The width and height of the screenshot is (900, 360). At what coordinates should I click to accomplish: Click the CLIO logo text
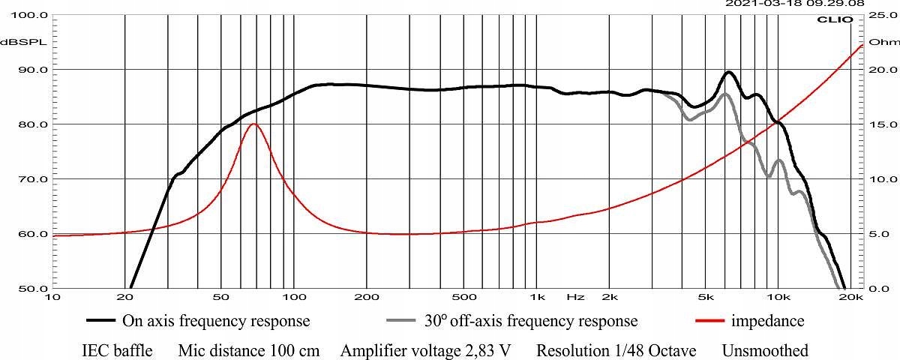835,19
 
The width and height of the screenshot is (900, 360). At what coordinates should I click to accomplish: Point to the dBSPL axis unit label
22,42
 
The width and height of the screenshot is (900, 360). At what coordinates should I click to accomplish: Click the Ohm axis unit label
877,42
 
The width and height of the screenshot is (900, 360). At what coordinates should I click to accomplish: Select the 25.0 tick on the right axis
878,15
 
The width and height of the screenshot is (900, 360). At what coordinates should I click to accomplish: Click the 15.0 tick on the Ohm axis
878,124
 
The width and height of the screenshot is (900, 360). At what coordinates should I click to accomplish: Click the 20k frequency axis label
853,297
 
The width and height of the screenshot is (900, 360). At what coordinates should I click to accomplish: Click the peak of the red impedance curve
254,124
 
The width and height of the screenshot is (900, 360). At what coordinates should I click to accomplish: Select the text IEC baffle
118,350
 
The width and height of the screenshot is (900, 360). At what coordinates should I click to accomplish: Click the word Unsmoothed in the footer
765,350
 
